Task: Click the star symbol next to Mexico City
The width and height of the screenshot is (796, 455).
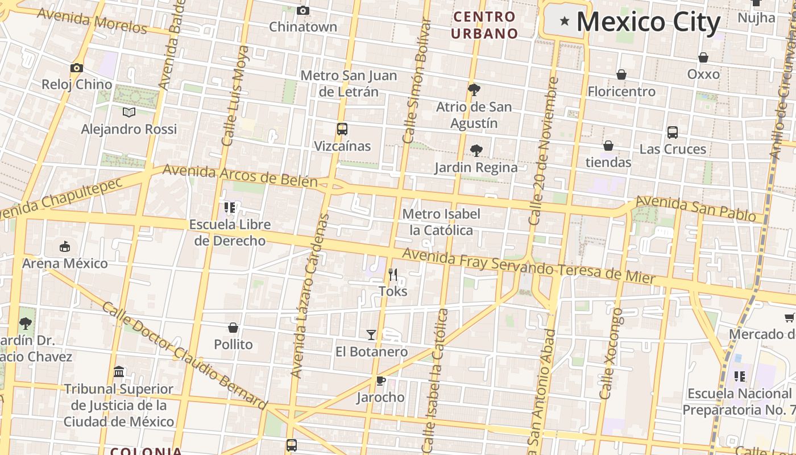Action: point(565,22)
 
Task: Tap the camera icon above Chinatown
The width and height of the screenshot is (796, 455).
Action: point(303,10)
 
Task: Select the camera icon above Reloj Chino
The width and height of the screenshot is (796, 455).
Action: point(77,68)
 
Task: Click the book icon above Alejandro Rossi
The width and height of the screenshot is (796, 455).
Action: point(129,112)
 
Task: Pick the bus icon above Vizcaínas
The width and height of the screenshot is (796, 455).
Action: point(342,129)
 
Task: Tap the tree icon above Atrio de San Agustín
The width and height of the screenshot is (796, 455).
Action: point(474,89)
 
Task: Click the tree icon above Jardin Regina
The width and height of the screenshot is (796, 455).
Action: point(476,151)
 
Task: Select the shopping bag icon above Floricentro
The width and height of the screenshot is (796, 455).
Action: point(621,75)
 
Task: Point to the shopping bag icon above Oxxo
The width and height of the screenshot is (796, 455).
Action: point(703,57)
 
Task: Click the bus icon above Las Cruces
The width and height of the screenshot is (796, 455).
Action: point(673,133)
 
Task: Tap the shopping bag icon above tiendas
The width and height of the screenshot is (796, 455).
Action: point(608,146)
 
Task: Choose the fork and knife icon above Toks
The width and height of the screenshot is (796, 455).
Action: point(393,275)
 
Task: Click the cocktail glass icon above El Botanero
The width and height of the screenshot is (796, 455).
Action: point(371,335)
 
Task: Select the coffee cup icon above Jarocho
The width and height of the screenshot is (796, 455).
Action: point(380,380)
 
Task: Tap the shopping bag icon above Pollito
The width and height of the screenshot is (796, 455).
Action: point(233,328)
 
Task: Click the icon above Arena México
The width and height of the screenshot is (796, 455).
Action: point(65,247)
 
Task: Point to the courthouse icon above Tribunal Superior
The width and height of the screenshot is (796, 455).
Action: point(119,372)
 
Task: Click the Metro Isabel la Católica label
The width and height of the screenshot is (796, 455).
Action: point(441,222)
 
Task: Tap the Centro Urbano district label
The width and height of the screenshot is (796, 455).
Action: point(485,25)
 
